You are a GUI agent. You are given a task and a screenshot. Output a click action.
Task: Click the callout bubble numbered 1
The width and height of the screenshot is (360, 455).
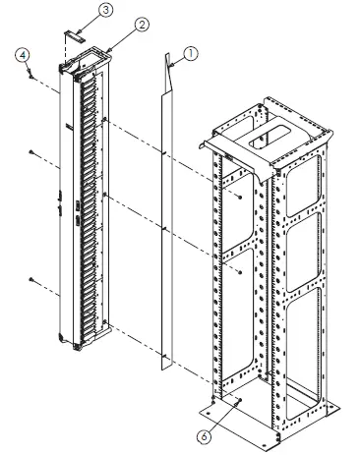pyautogui.click(x=192, y=56)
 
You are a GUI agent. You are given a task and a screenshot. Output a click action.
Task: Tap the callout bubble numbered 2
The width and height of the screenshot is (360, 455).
pyautogui.click(x=143, y=23)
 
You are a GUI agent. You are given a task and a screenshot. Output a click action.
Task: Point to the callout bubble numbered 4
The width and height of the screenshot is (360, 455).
pyautogui.click(x=22, y=56)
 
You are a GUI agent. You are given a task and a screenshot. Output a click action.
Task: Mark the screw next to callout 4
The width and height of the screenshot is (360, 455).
pyautogui.click(x=31, y=74)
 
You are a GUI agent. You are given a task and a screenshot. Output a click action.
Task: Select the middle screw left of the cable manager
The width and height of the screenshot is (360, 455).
pyautogui.click(x=32, y=150)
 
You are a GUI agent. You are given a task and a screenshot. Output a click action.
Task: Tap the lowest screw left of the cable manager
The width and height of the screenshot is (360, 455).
pyautogui.click(x=32, y=280)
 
